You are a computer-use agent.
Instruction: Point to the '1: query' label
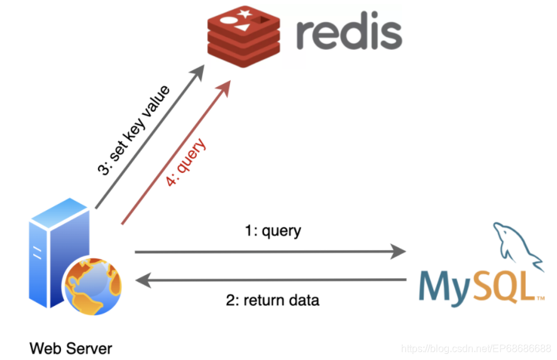pos(272,231)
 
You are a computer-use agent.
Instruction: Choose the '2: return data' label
pos(272,300)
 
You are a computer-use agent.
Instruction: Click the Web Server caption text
pos(70,347)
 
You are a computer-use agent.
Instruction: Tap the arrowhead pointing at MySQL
pos(399,252)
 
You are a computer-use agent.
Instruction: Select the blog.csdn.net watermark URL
pos(476,348)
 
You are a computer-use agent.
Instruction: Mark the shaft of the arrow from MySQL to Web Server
pos(277,280)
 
